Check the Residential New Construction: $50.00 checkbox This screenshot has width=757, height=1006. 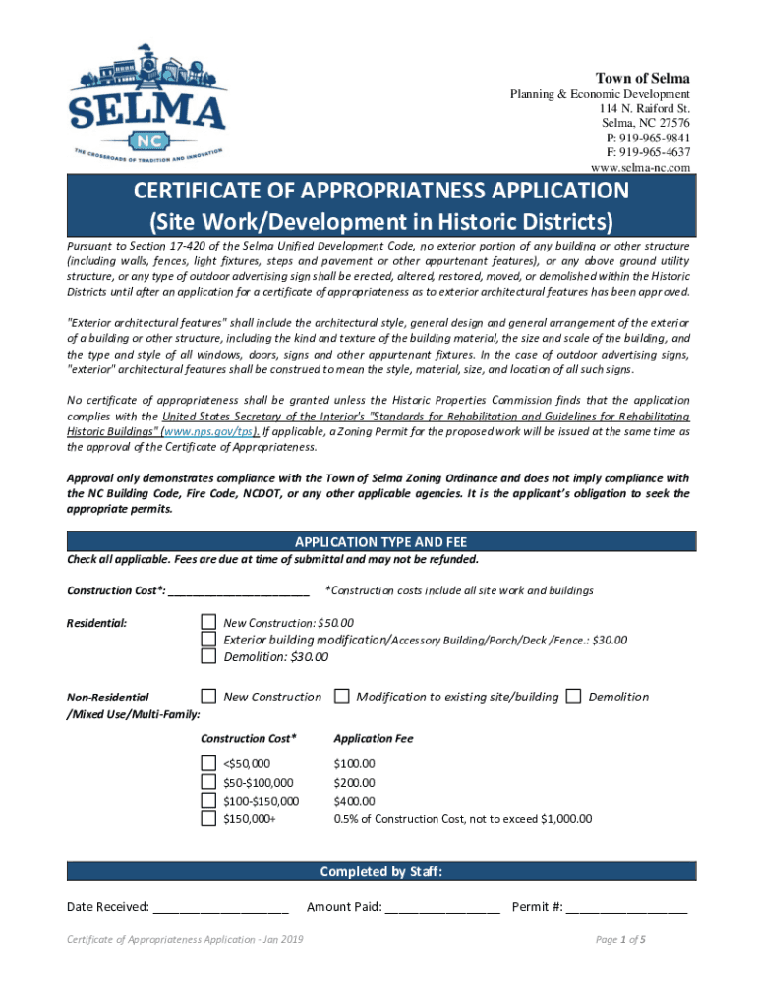coord(208,622)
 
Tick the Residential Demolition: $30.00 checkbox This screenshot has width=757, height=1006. coord(208,657)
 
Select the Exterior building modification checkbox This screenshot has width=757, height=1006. coord(208,640)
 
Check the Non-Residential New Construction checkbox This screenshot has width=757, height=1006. coord(208,697)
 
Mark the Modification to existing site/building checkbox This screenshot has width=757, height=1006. coord(341,697)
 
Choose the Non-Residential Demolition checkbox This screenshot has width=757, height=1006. coord(574,697)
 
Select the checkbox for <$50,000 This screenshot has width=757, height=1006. coord(208,763)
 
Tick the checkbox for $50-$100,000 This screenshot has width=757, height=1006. coord(208,782)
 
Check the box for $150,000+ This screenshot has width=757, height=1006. coord(208,818)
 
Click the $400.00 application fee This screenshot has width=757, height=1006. coord(354,801)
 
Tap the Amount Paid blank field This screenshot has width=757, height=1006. coord(442,907)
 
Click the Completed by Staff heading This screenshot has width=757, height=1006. coord(380,871)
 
